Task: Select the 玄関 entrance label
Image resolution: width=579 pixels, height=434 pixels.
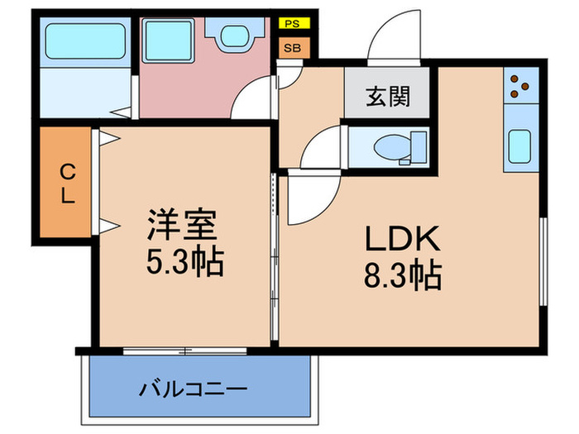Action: pyautogui.click(x=388, y=97)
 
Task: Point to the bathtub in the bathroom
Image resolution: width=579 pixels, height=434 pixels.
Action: pyautogui.click(x=85, y=41)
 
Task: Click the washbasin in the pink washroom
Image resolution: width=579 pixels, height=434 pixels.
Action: pyautogui.click(x=235, y=36)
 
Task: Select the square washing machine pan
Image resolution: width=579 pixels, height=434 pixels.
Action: pyautogui.click(x=169, y=41)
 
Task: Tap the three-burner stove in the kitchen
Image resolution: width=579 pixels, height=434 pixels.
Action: pyautogui.click(x=520, y=86)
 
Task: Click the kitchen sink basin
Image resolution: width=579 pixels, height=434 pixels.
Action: pyautogui.click(x=519, y=146)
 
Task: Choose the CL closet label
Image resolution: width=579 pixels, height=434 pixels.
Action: pyautogui.click(x=68, y=184)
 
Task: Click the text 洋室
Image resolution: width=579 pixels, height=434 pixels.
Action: pyautogui.click(x=182, y=225)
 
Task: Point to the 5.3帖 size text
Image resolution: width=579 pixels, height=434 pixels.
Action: pyautogui.click(x=185, y=263)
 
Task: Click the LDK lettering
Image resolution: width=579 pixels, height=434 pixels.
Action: pyautogui.click(x=402, y=239)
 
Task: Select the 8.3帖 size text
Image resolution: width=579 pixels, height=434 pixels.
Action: pyautogui.click(x=403, y=275)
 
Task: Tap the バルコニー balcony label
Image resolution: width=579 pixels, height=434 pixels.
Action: pyautogui.click(x=193, y=389)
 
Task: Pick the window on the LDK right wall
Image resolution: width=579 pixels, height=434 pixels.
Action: pyautogui.click(x=543, y=262)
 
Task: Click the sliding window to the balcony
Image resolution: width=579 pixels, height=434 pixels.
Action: pyautogui.click(x=184, y=351)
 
